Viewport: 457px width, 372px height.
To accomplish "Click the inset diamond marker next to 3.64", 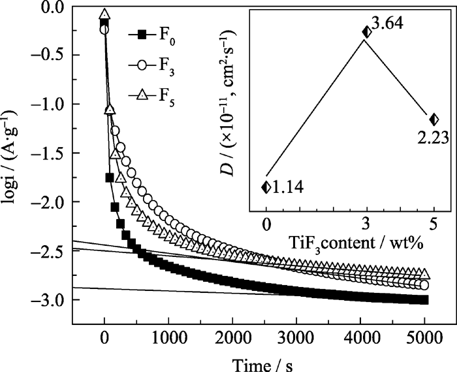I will click(x=367, y=31).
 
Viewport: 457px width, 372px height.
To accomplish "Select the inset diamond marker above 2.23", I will click(x=434, y=119).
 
